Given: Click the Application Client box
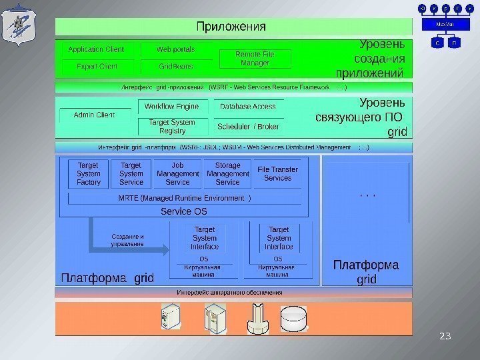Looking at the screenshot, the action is (x=96, y=50).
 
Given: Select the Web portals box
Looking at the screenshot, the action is (x=176, y=50).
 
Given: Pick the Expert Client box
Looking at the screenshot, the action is (x=96, y=67).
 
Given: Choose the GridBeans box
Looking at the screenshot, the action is (x=176, y=67).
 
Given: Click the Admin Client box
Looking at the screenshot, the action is (x=94, y=115).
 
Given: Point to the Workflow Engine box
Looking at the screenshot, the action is (x=172, y=107).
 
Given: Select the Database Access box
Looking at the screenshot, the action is (x=247, y=107).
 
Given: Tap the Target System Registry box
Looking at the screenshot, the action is (x=172, y=127).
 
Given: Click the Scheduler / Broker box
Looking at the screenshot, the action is (x=249, y=126).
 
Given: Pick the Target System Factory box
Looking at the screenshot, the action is (x=89, y=173).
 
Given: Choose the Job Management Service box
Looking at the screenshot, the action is (x=177, y=173).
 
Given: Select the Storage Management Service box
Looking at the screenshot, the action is (x=227, y=173).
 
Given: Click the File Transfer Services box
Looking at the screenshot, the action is (x=278, y=173).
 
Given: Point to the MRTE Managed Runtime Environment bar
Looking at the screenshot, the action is (x=185, y=199).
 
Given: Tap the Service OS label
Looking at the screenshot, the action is (x=184, y=211).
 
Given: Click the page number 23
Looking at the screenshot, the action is (x=445, y=335).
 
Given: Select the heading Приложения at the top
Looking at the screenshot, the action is (x=231, y=27).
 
